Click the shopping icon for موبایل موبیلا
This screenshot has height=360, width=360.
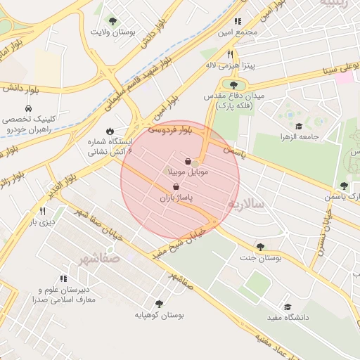point(187,161)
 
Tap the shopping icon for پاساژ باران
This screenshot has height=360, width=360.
point(175,187)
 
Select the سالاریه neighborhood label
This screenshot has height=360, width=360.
point(245,204)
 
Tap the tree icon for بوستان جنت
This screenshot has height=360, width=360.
point(261,247)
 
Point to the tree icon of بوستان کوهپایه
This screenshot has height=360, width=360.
point(159,304)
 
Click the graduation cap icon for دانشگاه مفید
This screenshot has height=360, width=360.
point(287,307)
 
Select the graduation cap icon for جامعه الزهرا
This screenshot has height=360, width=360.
point(299,126)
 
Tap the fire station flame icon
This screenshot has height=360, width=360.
point(110,131)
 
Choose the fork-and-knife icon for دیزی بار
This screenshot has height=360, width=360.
point(42,211)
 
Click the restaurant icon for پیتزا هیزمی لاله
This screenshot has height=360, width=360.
point(229,54)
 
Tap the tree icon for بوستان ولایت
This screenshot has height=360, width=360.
point(112,22)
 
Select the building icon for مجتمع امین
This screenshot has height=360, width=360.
point(238,22)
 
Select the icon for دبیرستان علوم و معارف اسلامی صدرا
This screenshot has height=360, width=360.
point(64,278)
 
